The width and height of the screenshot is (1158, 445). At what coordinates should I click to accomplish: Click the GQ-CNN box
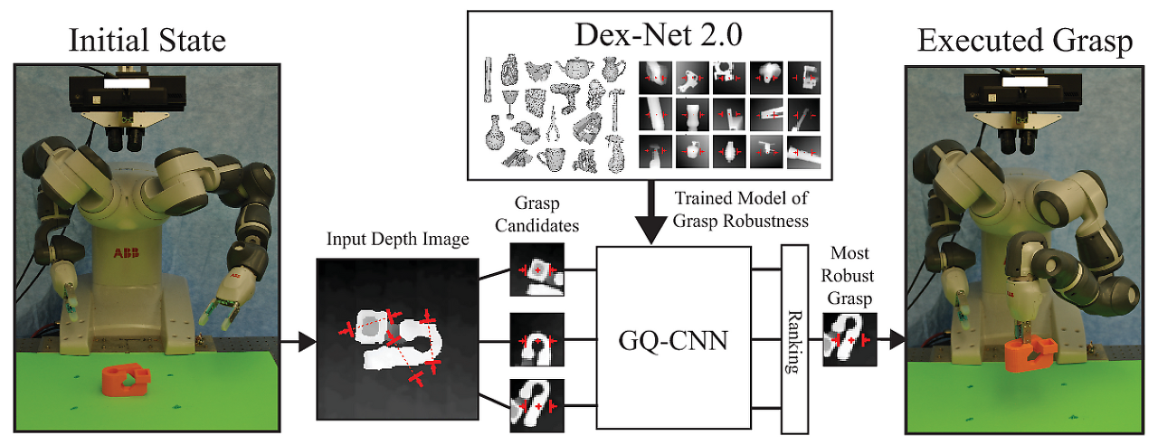pyautogui.click(x=673, y=342)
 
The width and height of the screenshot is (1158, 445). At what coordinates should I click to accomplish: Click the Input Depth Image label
pyautogui.click(x=398, y=240)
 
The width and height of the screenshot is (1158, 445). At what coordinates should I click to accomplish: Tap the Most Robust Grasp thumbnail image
pyautogui.click(x=850, y=339)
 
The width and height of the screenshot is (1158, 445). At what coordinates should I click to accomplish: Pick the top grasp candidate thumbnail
pyautogui.click(x=536, y=269)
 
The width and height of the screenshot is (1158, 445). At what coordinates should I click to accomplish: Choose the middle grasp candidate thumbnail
pyautogui.click(x=536, y=340)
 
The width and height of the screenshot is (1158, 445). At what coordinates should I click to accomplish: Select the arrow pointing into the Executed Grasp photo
pyautogui.click(x=893, y=340)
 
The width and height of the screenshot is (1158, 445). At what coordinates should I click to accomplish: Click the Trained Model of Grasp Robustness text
pyautogui.click(x=742, y=207)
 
